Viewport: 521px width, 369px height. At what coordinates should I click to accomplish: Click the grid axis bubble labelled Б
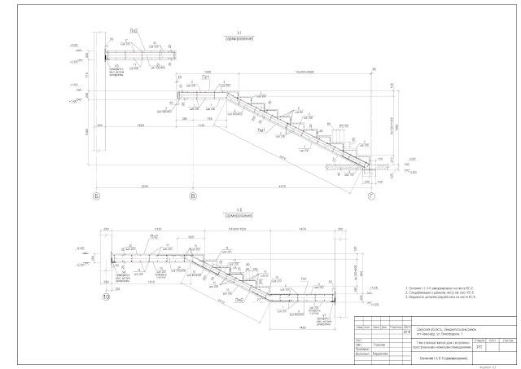(x=96, y=197)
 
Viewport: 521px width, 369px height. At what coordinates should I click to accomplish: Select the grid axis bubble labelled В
(x=192, y=197)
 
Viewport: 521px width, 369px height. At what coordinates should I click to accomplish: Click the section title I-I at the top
(x=235, y=32)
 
